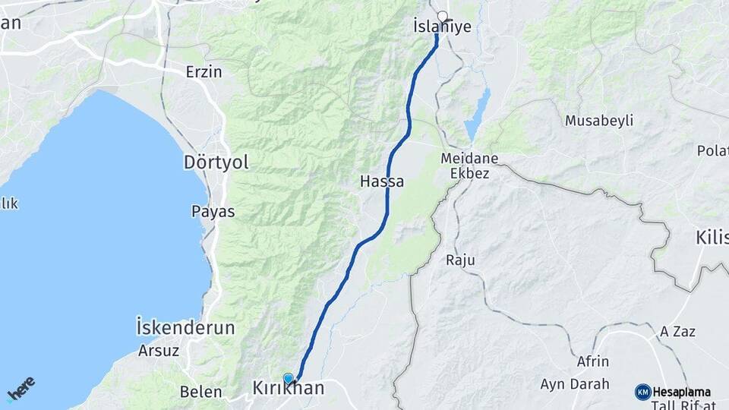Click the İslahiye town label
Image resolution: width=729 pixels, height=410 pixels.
click(x=442, y=27)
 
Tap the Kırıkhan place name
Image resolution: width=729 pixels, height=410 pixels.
click(x=288, y=389)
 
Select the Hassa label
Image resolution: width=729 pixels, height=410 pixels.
click(x=382, y=182)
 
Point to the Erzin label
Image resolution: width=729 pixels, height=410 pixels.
click(x=204, y=72)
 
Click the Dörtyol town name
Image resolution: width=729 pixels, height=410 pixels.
click(x=216, y=162)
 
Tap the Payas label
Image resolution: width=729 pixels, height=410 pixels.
click(x=213, y=211)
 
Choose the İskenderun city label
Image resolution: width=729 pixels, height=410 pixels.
click(x=185, y=328)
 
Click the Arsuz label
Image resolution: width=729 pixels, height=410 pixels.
click(x=158, y=351)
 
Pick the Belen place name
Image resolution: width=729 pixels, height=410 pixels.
click(x=200, y=392)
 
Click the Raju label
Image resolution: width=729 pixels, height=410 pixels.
click(x=460, y=260)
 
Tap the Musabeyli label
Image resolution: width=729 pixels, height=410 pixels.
click(x=599, y=121)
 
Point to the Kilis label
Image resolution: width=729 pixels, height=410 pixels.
click(x=711, y=238)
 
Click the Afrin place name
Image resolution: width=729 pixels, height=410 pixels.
click(x=592, y=361)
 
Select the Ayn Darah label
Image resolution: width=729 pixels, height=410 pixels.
click(x=574, y=384)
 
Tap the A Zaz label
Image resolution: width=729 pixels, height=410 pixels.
click(x=677, y=332)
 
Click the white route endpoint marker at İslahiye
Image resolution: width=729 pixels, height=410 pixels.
click(x=442, y=16)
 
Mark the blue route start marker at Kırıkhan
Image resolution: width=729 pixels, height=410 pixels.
click(x=288, y=377)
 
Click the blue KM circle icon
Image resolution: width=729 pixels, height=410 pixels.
click(x=642, y=392)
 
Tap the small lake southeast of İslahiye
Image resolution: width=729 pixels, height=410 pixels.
click(x=477, y=114)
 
